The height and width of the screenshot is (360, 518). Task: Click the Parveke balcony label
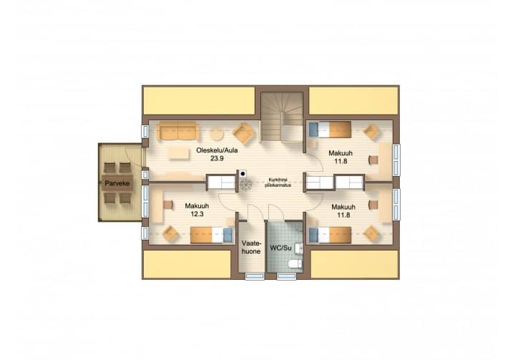coord(117,183)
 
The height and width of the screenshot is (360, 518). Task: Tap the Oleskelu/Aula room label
coord(217,150)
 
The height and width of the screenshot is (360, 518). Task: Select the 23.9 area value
coord(217,159)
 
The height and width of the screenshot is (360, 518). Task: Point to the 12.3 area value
coord(197,214)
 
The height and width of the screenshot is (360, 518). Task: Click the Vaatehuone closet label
coord(251,247)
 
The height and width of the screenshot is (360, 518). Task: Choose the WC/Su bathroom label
coord(280,248)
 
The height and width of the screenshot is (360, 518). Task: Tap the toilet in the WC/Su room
coord(295,264)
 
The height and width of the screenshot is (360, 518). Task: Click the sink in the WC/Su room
coord(298,248)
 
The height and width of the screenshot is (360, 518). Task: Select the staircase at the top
coord(282,117)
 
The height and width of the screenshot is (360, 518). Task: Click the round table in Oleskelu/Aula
coord(218,134)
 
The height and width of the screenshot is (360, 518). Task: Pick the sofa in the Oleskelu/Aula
coord(178,131)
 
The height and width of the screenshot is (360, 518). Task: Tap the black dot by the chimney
coord(243,173)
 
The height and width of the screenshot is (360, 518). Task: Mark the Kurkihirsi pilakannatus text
coord(278,183)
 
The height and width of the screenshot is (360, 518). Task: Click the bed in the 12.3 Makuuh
coord(212,235)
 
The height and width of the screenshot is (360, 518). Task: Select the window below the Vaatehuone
coord(255,277)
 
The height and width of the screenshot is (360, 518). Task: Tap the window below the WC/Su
coord(286,277)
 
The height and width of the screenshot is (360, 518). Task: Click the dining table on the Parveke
coord(117,183)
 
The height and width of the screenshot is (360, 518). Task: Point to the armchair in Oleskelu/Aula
coord(244,134)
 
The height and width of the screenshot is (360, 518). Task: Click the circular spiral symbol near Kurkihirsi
coord(246,185)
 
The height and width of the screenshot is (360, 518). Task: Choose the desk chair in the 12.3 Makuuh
coord(168,205)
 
